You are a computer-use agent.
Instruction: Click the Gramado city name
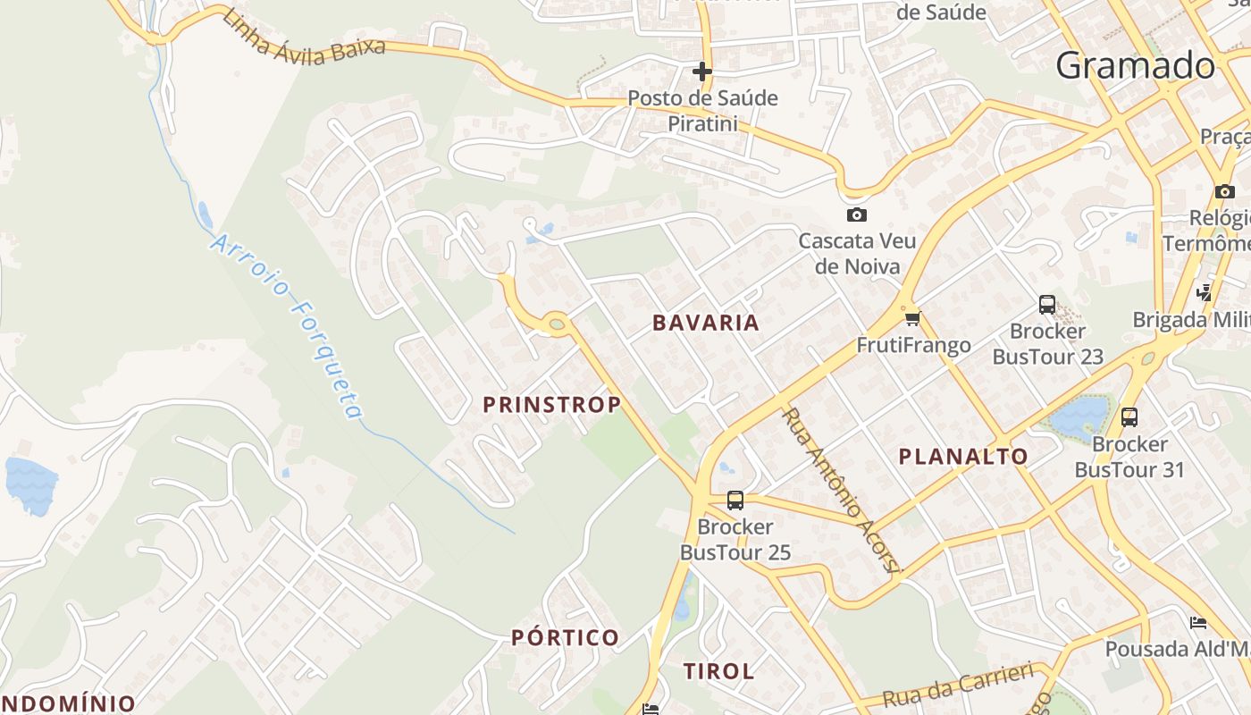(x=1135, y=66)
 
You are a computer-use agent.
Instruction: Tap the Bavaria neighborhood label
(x=706, y=323)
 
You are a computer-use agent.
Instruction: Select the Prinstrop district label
(x=552, y=405)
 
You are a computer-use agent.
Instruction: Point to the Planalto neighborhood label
(x=963, y=457)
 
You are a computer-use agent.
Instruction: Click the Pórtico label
(x=565, y=637)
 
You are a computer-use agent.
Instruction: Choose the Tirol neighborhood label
(x=718, y=671)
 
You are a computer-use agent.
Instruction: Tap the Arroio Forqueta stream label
(x=289, y=326)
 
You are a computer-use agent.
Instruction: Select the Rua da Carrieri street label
(x=958, y=686)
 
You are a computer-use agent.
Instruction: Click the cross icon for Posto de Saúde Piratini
(x=702, y=71)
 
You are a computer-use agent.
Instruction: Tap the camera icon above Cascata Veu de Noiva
(x=856, y=214)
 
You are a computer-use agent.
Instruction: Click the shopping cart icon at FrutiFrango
(x=912, y=318)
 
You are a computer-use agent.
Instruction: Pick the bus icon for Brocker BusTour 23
(x=1047, y=305)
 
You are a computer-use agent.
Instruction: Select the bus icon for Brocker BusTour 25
(x=735, y=500)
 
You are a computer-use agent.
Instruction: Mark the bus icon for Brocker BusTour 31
(x=1129, y=416)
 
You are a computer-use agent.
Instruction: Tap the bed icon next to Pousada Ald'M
(x=1198, y=622)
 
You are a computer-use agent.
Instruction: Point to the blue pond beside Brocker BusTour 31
(x=1080, y=415)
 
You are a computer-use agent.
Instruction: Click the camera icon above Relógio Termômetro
(x=1224, y=191)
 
